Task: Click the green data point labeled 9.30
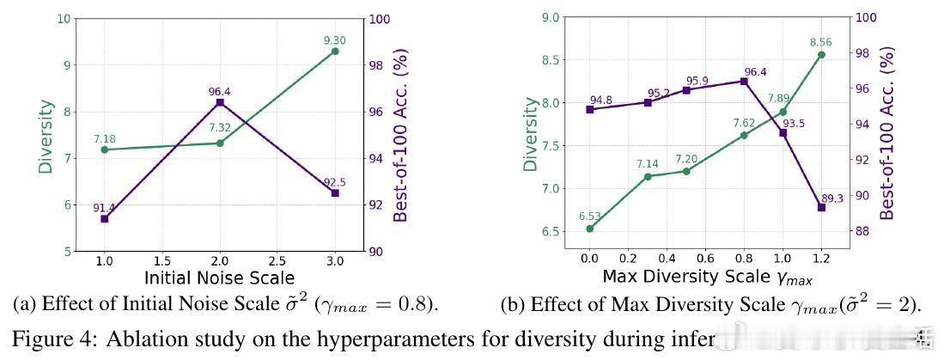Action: [x=335, y=52]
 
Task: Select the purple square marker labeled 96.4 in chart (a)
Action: [x=220, y=102]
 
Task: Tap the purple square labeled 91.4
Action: [x=105, y=219]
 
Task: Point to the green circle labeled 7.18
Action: [x=105, y=149]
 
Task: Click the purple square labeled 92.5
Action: [x=335, y=193]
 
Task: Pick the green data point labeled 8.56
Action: [x=821, y=54]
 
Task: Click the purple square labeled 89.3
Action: [x=821, y=207]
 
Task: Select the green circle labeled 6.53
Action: [x=590, y=229]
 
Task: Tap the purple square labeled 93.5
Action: [x=783, y=132]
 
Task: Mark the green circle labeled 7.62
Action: [x=744, y=135]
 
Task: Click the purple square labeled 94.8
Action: [x=590, y=109]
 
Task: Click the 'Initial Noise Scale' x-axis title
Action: [x=219, y=278]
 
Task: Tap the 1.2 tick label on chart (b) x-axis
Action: [x=821, y=257]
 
